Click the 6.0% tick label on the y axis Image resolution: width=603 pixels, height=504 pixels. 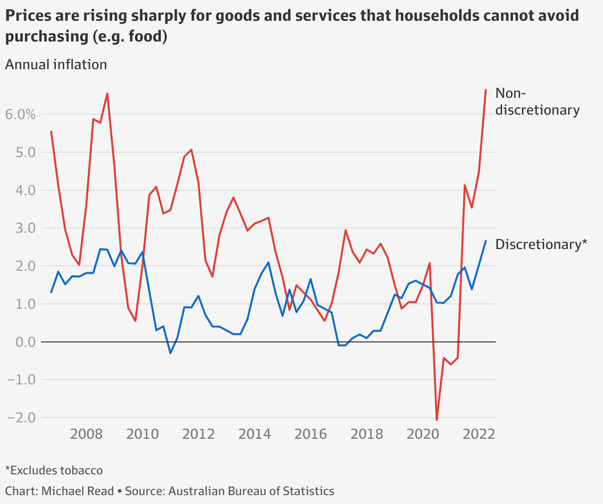coord(20,115)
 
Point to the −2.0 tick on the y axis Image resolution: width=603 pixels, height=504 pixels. coord(22,418)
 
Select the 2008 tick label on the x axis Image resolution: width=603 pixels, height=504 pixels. coord(86,434)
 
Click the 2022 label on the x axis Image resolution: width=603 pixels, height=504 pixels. coord(479,434)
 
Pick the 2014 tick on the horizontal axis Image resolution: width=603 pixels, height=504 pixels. coord(255,434)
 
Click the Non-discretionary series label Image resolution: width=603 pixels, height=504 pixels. coord(537,101)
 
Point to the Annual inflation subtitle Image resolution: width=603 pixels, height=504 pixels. coord(56,65)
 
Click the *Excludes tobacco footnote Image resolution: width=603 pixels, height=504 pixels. coord(54,470)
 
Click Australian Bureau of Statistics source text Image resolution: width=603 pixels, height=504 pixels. coord(251,491)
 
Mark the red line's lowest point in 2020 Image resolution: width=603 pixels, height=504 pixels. coord(437,420)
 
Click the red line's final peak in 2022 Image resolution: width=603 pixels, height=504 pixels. coord(486,90)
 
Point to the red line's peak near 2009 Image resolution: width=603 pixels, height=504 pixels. coord(107,93)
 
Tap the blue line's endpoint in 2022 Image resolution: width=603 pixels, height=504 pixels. coord(486,241)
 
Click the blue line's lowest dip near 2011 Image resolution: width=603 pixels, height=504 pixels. coord(171,353)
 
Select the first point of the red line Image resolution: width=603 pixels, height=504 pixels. coord(51,131)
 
